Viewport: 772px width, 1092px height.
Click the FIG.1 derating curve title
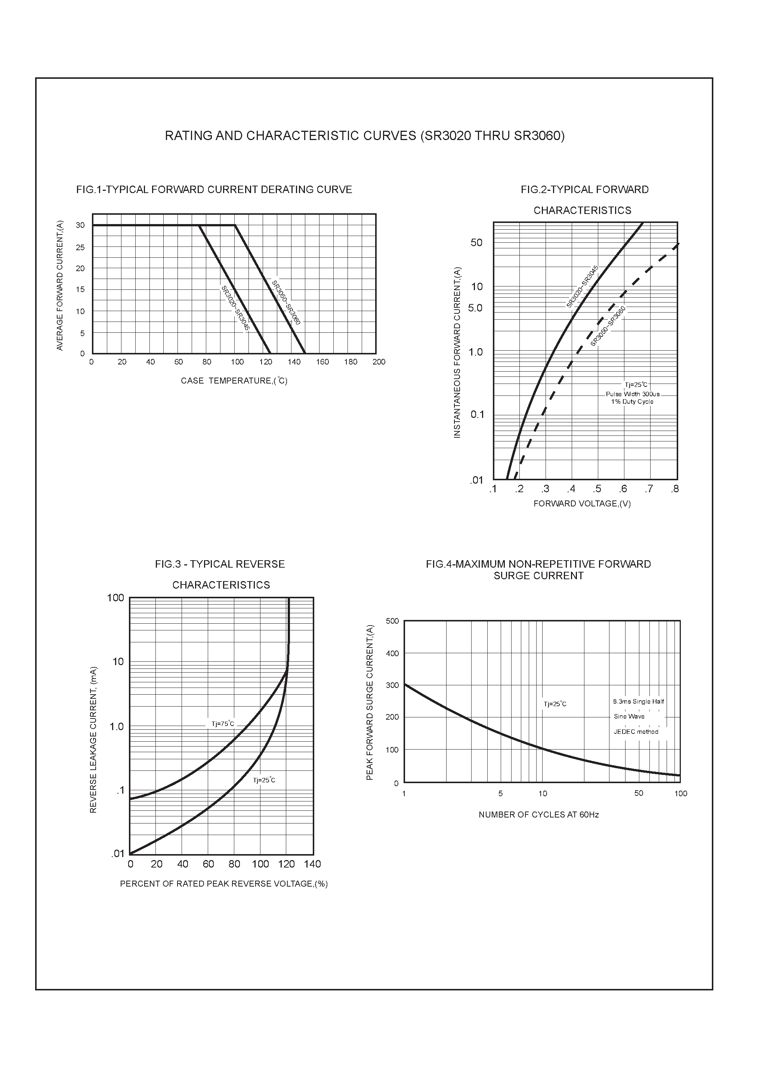click(214, 190)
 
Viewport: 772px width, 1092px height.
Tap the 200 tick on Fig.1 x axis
click(379, 362)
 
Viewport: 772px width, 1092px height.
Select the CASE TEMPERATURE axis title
click(234, 381)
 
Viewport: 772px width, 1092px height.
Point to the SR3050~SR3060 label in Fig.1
click(285, 303)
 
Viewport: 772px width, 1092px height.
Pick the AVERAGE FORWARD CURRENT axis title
click(60, 285)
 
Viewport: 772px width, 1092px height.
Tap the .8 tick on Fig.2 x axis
click(674, 489)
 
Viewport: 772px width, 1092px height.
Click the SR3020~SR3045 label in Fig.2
click(582, 287)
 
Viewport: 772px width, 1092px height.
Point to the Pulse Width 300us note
click(632, 394)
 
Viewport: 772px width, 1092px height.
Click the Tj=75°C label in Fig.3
click(223, 724)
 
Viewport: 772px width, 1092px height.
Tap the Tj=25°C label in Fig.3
click(264, 780)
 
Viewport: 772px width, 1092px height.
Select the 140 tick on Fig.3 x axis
click(312, 864)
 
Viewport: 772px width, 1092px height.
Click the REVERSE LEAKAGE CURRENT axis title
click(93, 739)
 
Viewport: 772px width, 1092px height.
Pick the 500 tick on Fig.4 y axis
click(392, 621)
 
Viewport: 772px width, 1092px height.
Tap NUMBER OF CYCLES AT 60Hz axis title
click(538, 815)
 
